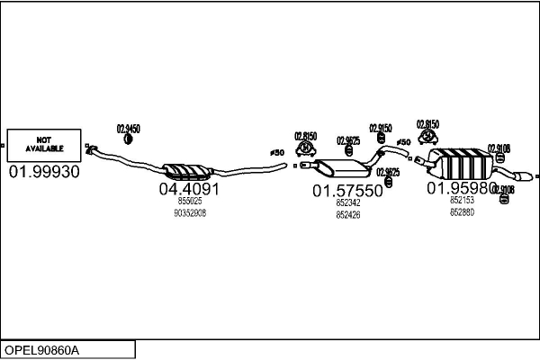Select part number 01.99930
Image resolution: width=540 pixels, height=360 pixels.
click(44, 172)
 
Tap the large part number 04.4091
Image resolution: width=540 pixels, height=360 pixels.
click(189, 190)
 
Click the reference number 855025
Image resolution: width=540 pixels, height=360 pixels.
click(189, 202)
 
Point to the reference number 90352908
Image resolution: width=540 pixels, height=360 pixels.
click(189, 213)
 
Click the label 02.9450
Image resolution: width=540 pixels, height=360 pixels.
click(129, 129)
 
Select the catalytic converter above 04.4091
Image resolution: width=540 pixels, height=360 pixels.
click(186, 170)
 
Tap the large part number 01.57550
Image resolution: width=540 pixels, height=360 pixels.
click(347, 191)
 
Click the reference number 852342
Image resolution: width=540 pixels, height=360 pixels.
click(347, 203)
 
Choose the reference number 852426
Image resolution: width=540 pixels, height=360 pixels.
click(347, 215)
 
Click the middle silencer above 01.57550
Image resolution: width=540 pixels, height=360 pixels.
click(335, 167)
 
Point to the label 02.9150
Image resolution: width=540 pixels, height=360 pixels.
click(381, 129)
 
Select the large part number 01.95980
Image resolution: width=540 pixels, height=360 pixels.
click(462, 188)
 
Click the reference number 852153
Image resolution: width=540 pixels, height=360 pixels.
click(462, 200)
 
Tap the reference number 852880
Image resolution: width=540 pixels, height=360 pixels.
click(462, 212)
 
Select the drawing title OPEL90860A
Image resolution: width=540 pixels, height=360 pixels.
click(42, 349)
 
